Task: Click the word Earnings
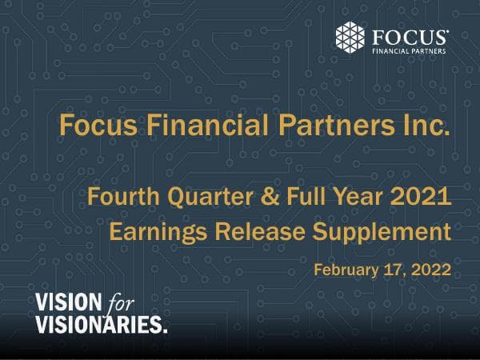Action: pyautogui.click(x=155, y=233)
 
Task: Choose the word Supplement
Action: pyautogui.click(x=381, y=233)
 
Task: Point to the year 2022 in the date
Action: pyautogui.click(x=430, y=269)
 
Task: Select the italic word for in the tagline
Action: pyautogui.click(x=120, y=302)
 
